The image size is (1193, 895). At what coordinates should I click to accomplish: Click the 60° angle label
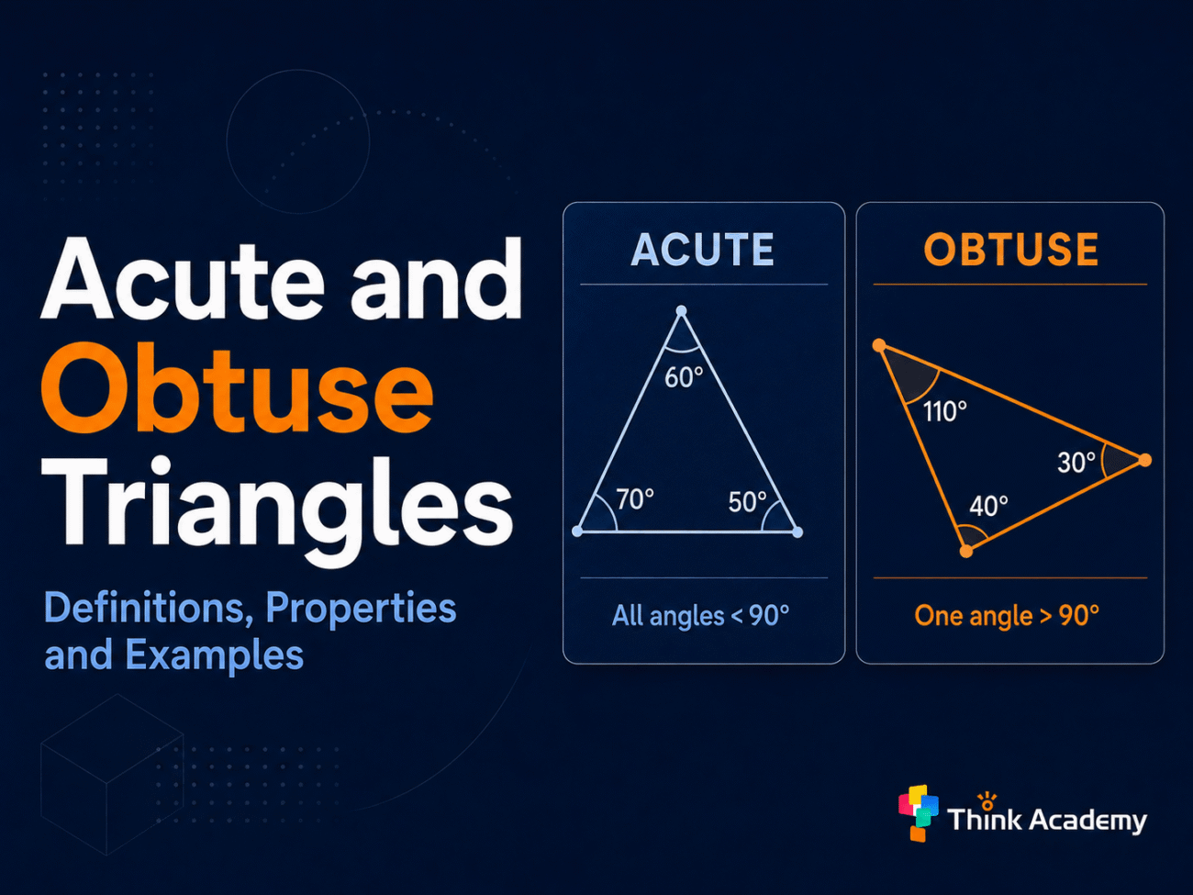[684, 377]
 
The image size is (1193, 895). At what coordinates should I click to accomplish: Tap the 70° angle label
[635, 498]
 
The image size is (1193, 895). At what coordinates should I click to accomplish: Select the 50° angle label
[747, 501]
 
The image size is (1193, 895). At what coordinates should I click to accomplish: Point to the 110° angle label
[945, 411]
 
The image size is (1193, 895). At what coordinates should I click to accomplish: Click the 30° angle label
[1076, 463]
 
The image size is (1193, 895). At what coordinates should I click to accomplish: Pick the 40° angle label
[988, 506]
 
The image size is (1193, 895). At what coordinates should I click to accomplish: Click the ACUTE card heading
[703, 250]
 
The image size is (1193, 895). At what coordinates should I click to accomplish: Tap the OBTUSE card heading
[1011, 250]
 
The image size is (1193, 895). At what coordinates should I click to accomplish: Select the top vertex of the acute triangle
[681, 311]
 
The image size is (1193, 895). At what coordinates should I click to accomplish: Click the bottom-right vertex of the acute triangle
[797, 532]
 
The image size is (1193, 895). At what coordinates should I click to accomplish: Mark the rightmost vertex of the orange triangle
[1144, 460]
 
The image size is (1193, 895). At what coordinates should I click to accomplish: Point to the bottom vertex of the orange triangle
[965, 552]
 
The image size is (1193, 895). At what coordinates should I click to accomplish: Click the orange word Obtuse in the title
[238, 387]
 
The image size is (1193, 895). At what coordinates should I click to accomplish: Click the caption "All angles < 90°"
[700, 616]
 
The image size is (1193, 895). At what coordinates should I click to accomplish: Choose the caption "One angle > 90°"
[1007, 616]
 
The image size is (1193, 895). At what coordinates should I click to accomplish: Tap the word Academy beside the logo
[1088, 821]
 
